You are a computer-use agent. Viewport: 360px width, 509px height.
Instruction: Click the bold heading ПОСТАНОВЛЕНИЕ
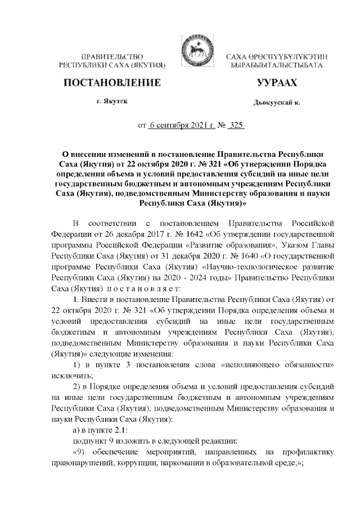click(x=111, y=84)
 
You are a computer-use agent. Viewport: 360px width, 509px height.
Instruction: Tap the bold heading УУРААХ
click(x=276, y=84)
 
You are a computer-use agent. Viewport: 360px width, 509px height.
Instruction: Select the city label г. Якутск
click(x=111, y=101)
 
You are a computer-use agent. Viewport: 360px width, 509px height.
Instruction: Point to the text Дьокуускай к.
click(x=276, y=103)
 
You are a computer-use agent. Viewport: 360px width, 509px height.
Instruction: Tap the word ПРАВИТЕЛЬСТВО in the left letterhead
click(x=111, y=57)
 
